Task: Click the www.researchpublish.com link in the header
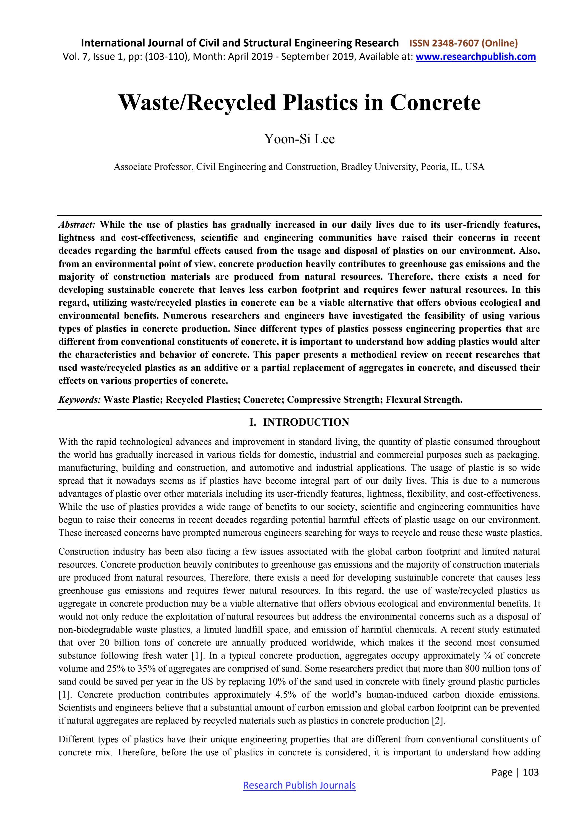tap(475, 56)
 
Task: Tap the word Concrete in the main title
tap(435, 103)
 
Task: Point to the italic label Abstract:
tap(77, 225)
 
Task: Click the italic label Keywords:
tap(80, 400)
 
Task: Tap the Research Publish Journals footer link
tap(299, 785)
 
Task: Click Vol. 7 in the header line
tap(73, 56)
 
